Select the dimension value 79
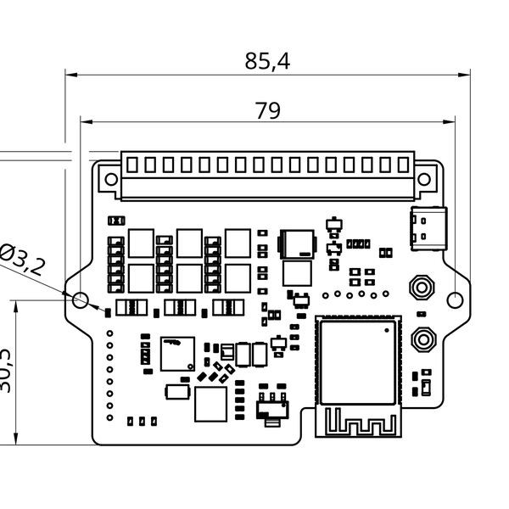pyautogui.click(x=267, y=110)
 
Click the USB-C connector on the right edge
pyautogui.click(x=428, y=227)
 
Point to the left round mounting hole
pyautogui.click(x=81, y=299)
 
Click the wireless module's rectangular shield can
pyautogui.click(x=356, y=359)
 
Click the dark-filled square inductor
pyautogui.click(x=297, y=243)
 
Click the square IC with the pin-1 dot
pyautogui.click(x=177, y=353)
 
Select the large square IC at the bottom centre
pyautogui.click(x=211, y=405)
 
